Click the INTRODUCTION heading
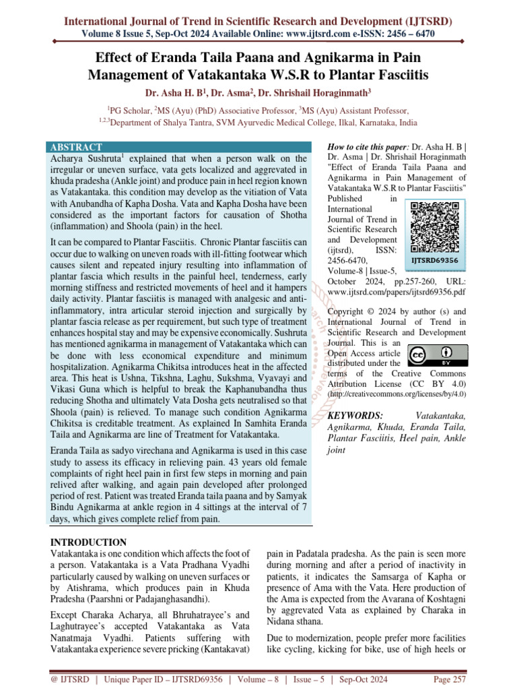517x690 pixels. pos(89,542)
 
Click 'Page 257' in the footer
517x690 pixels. pos(450,679)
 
